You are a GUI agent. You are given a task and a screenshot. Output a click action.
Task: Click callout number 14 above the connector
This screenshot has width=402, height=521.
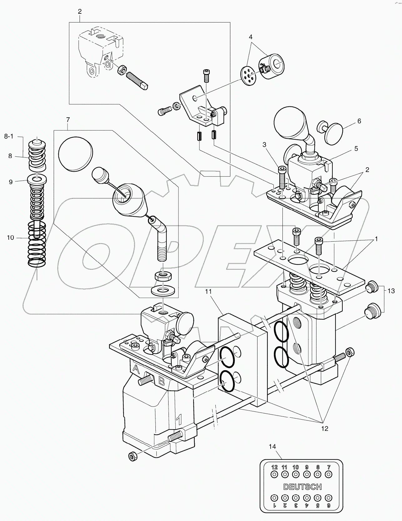pyautogui.click(x=272, y=447)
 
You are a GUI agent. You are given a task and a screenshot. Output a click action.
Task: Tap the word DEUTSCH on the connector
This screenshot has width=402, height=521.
pyautogui.click(x=302, y=487)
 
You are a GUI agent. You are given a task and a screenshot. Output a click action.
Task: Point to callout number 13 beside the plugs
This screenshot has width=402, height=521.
pyautogui.click(x=391, y=291)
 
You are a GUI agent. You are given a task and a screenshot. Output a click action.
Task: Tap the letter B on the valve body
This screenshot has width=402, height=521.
pyautogui.click(x=162, y=381)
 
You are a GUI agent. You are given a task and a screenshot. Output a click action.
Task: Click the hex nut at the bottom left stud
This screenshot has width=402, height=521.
pyautogui.click(x=132, y=457)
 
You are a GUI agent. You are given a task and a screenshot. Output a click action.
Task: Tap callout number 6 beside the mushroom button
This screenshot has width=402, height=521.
pyautogui.click(x=359, y=121)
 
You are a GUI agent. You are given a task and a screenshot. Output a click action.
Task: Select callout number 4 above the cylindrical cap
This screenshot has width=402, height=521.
pyautogui.click(x=251, y=37)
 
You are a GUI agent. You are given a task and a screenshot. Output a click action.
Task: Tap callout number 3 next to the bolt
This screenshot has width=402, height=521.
pyautogui.click(x=264, y=145)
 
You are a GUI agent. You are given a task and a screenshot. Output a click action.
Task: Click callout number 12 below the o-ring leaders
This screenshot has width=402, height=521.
pyautogui.click(x=325, y=429)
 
